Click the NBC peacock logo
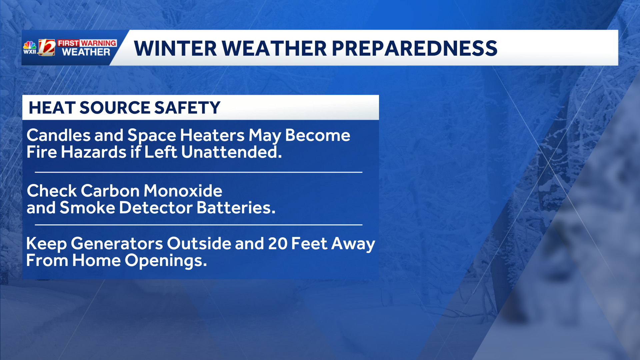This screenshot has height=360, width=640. pyautogui.click(x=30, y=45)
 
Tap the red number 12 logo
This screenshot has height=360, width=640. pyautogui.click(x=46, y=47)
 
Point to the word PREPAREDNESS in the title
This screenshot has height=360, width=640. pyautogui.click(x=414, y=48)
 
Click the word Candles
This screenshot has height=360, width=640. pyautogui.click(x=58, y=135)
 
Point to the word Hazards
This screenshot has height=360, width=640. pyautogui.click(x=94, y=152)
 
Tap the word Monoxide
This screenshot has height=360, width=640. pyautogui.click(x=183, y=191)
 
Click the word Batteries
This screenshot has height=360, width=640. pyautogui.click(x=236, y=208)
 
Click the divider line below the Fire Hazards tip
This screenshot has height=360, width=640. pyautogui.click(x=198, y=172)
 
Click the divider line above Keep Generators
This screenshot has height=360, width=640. pyautogui.click(x=198, y=225)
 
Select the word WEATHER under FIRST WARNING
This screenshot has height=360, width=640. pyautogui.click(x=86, y=52)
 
